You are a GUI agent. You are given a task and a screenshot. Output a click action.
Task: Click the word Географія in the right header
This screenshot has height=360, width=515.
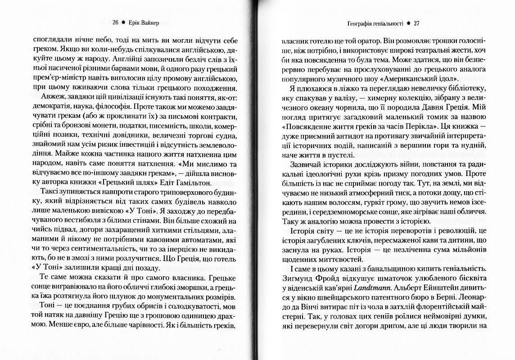pyautogui.click(x=355, y=23)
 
